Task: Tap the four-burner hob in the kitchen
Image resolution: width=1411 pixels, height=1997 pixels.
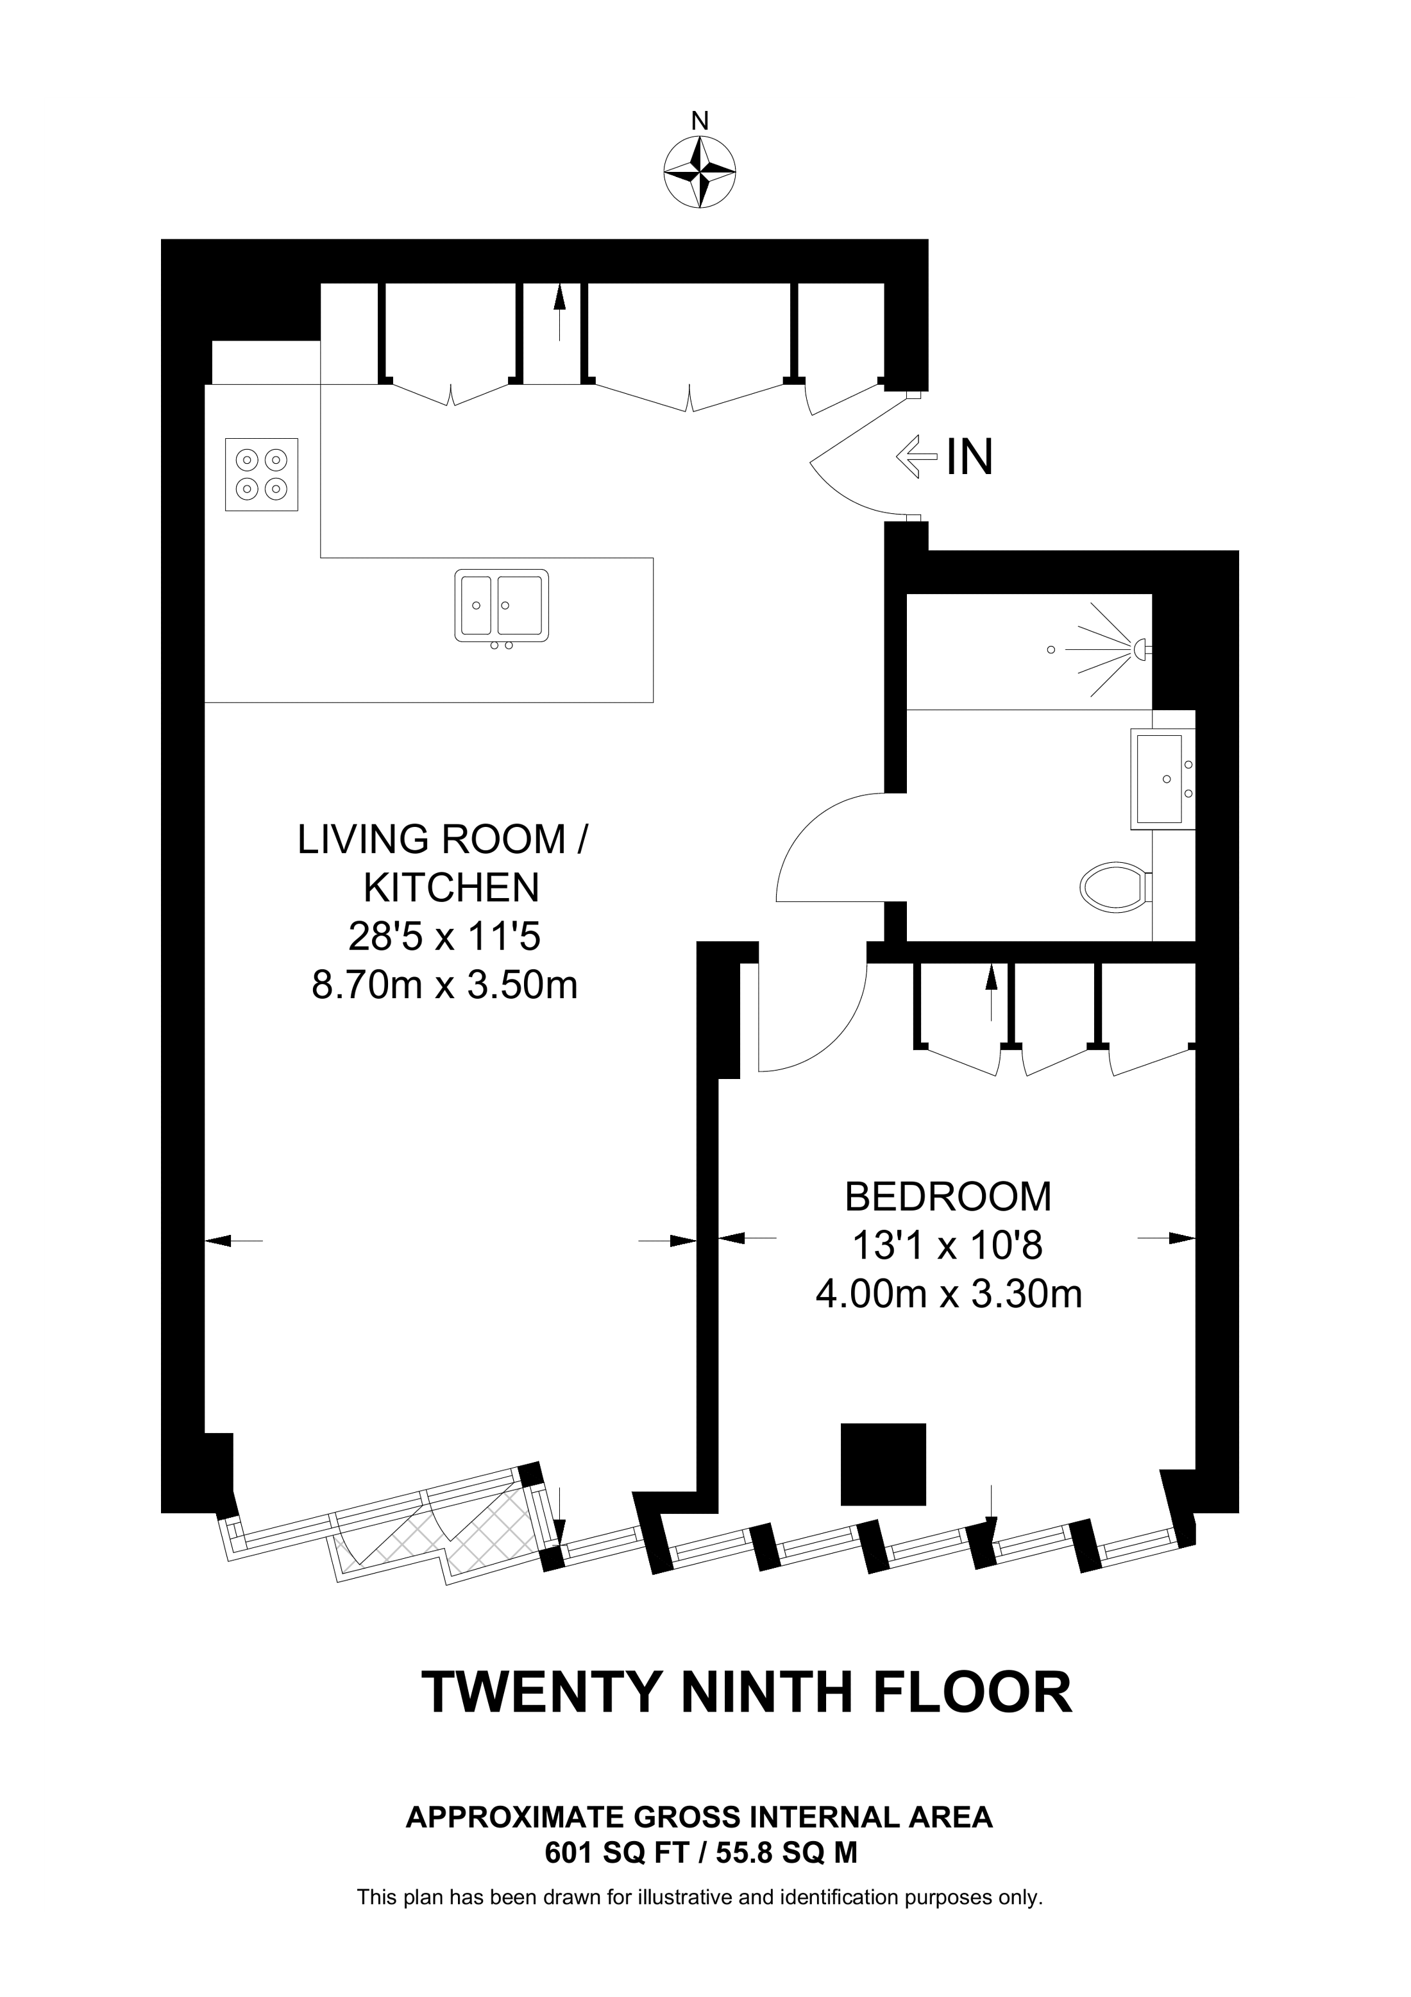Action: point(262,474)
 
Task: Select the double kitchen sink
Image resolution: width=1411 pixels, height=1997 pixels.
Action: point(502,606)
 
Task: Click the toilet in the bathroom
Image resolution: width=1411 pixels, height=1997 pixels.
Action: point(1116,887)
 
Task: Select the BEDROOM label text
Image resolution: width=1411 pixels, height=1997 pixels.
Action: point(948,1197)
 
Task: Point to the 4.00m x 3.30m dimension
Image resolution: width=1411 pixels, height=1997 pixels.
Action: point(949,1295)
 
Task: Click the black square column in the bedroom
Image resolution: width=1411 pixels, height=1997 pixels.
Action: point(883,1464)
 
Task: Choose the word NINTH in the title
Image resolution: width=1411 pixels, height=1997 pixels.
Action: point(766,1692)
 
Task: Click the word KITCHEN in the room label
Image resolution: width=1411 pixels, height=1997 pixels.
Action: point(452,888)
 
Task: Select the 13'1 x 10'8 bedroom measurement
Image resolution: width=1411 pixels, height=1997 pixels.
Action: point(948,1246)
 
